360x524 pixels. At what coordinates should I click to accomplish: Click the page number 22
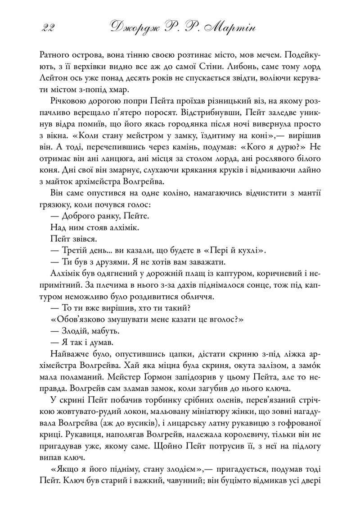pyautogui.click(x=47, y=28)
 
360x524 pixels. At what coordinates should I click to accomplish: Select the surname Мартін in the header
pyautogui.click(x=229, y=28)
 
